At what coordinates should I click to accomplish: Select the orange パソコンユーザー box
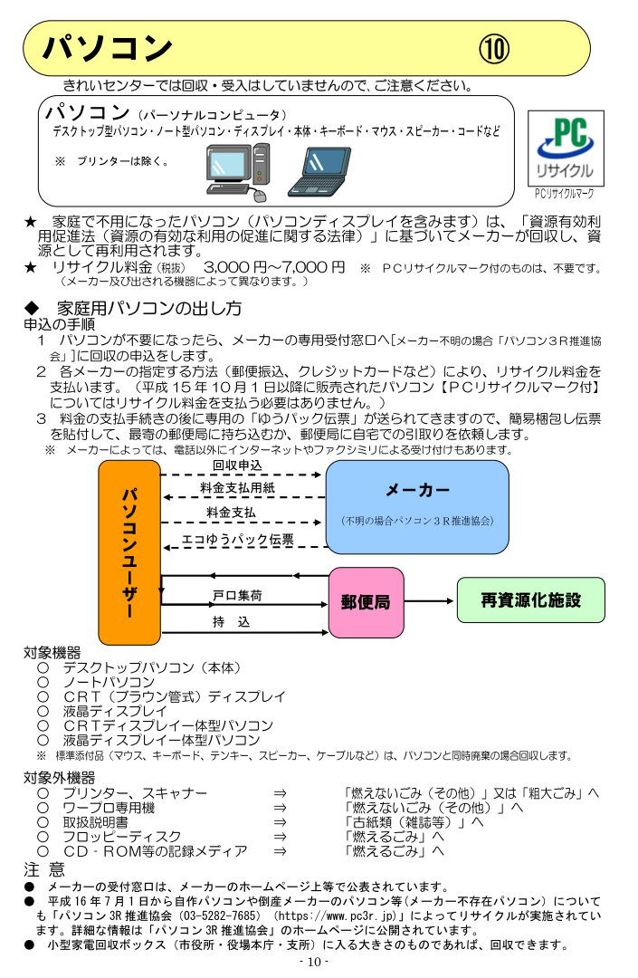(x=129, y=552)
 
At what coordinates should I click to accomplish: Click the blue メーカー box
(x=417, y=506)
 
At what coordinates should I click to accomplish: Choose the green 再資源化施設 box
(x=530, y=600)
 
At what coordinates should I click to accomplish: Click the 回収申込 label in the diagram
(x=237, y=465)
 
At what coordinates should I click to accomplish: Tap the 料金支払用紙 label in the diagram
(x=237, y=488)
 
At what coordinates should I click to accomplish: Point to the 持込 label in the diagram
(x=231, y=622)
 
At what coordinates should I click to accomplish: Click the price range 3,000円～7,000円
(x=274, y=267)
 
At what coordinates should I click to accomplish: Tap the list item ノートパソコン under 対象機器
(x=109, y=682)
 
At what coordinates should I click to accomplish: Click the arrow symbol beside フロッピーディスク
(x=281, y=837)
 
